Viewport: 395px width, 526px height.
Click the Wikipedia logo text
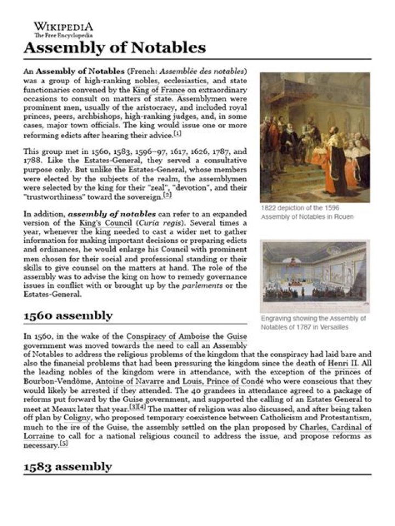(x=63, y=27)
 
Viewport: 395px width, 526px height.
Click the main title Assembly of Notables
(x=114, y=48)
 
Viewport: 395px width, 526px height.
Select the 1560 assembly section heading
(x=67, y=316)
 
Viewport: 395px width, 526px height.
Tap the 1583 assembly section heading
(x=67, y=466)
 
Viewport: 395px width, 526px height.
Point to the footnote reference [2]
(x=167, y=195)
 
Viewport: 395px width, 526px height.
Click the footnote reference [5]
(x=64, y=444)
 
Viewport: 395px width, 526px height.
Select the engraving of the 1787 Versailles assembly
(x=315, y=276)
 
